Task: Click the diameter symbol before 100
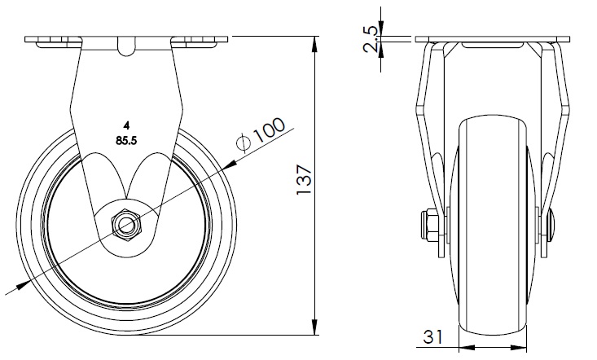(242, 144)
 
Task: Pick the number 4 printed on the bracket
(126, 125)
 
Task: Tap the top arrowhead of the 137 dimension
(315, 42)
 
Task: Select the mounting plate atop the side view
(126, 40)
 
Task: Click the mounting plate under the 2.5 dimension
(490, 40)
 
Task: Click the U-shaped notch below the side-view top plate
(126, 48)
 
